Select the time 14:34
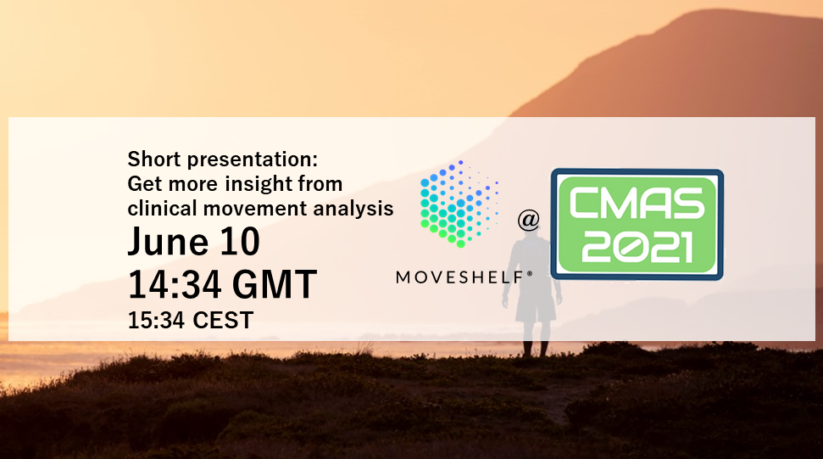[175, 284]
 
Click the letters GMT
[275, 284]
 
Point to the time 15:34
[156, 321]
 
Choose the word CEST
[223, 321]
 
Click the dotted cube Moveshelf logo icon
[459, 204]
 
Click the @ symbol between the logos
[529, 220]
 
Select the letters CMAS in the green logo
[637, 204]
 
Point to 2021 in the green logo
[637, 248]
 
